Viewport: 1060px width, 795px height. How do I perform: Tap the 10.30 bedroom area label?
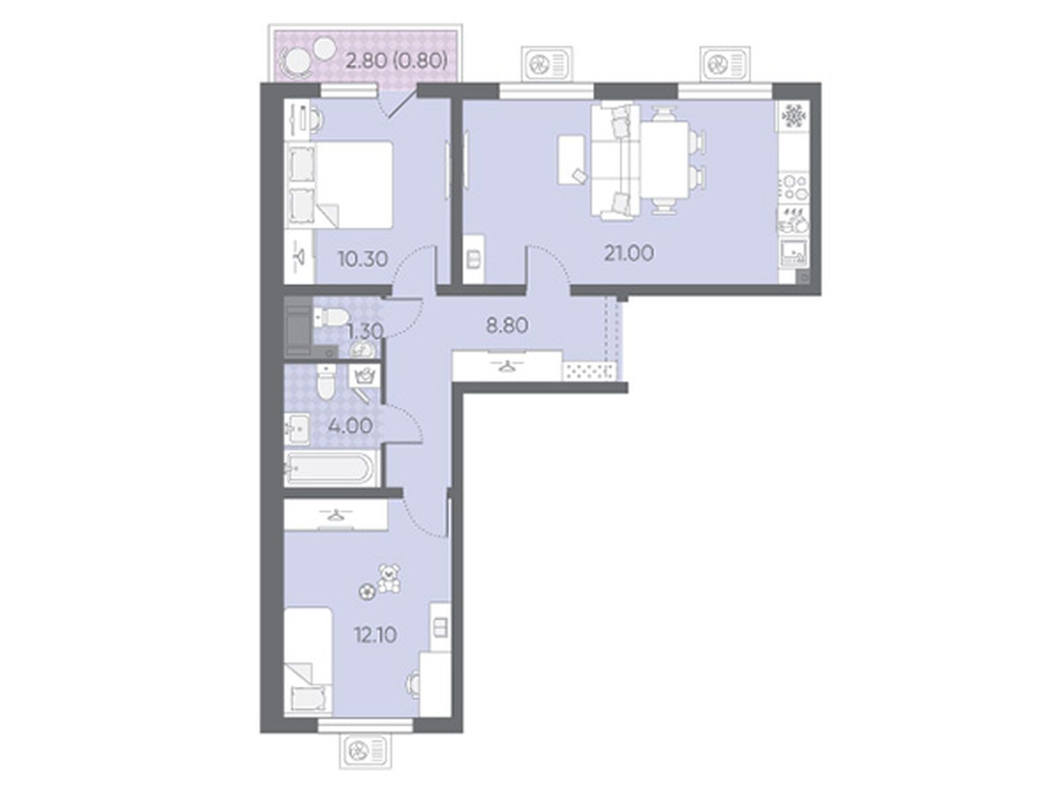click(x=362, y=259)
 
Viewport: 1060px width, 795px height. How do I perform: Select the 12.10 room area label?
click(x=375, y=635)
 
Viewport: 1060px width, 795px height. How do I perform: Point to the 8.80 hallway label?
click(x=507, y=326)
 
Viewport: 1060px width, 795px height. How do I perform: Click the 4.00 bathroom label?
click(x=350, y=426)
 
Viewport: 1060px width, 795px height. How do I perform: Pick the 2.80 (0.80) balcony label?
click(x=396, y=62)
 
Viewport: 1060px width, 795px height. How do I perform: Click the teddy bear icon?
click(x=389, y=578)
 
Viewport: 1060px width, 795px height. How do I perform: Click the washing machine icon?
click(x=366, y=378)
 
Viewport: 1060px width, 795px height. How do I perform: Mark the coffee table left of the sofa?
click(x=572, y=159)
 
